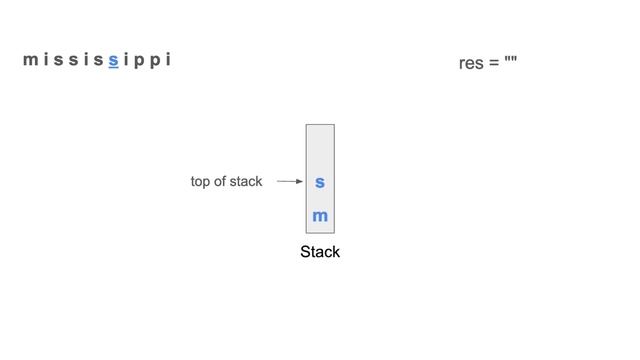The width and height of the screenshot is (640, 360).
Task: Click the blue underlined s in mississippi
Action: pyautogui.click(x=114, y=61)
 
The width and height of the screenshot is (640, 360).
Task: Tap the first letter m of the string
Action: pyautogui.click(x=30, y=61)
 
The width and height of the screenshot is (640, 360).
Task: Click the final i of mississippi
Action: pyautogui.click(x=167, y=60)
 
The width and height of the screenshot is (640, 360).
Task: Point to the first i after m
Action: pyautogui.click(x=46, y=60)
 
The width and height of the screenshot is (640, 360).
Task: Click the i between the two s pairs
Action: pyautogui.click(x=86, y=60)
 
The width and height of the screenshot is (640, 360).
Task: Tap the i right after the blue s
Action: pyautogui.click(x=126, y=60)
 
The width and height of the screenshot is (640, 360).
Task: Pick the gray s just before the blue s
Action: pyautogui.click(x=100, y=61)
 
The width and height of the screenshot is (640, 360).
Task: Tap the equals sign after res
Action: pyautogui.click(x=495, y=65)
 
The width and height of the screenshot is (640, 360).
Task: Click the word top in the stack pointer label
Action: pyautogui.click(x=202, y=182)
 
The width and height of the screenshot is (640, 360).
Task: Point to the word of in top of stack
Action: pyautogui.click(x=224, y=181)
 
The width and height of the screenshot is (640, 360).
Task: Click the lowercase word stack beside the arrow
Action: pyautogui.click(x=247, y=181)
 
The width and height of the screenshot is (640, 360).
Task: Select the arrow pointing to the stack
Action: pyautogui.click(x=290, y=182)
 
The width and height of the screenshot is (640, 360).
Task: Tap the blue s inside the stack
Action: pyautogui.click(x=320, y=183)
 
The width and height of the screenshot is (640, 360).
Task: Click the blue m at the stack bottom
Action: pyautogui.click(x=320, y=216)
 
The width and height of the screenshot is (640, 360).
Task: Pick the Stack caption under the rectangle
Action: pyautogui.click(x=320, y=252)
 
